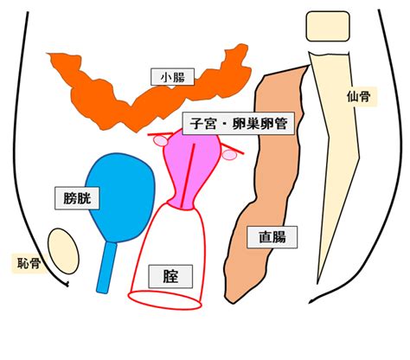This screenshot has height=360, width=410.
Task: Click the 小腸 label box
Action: [172, 77]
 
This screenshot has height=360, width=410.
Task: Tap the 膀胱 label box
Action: [77, 198]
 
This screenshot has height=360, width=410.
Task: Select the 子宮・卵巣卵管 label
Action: [239, 124]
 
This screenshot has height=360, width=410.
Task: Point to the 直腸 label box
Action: [272, 237]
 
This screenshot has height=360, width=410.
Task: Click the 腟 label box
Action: [170, 276]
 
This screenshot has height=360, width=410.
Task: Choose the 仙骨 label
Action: [358, 96]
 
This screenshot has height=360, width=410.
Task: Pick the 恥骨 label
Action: [29, 263]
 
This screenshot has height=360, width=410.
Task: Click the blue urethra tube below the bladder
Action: [106, 267]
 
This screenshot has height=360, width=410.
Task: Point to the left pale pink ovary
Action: [160, 141]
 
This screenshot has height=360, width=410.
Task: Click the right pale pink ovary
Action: [229, 155]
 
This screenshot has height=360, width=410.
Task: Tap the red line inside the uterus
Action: [189, 176]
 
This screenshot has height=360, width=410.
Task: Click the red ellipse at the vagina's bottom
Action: [164, 300]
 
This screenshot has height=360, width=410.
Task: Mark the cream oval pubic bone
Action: [63, 251]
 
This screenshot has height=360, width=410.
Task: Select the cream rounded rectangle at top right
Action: [328, 26]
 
